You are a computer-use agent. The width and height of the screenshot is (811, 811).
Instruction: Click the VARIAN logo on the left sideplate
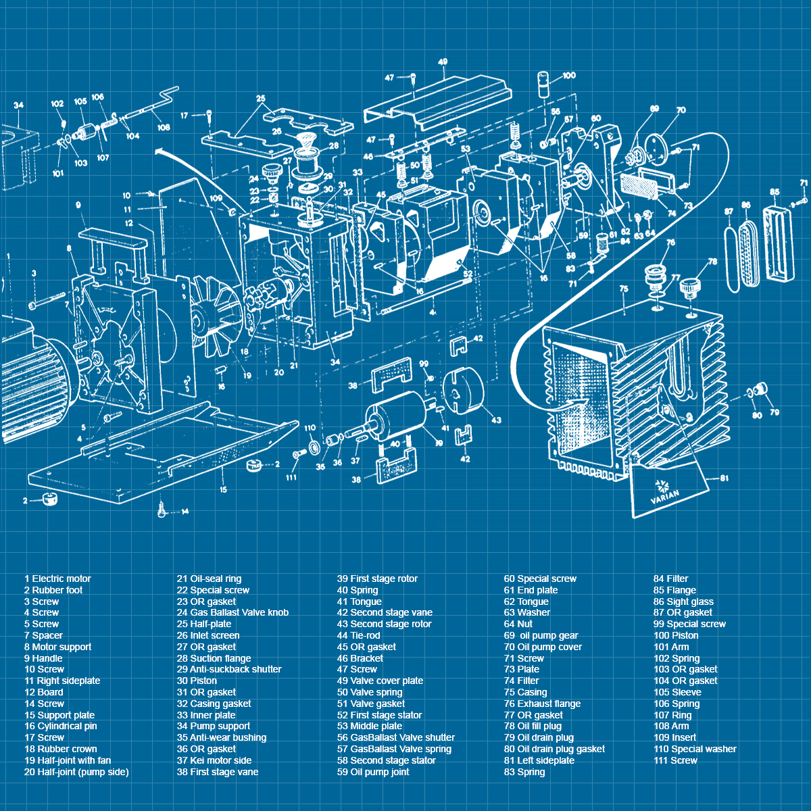664,491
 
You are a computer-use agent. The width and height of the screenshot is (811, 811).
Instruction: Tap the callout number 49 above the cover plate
443,62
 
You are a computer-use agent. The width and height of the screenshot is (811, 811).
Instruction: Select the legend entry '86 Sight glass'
683,601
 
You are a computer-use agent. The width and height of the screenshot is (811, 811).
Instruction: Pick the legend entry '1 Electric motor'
57,579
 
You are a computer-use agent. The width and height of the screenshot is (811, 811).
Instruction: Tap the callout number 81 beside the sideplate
724,478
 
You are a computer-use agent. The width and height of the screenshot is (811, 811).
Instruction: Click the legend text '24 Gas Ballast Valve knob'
232,612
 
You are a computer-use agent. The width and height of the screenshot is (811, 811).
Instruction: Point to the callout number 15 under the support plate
222,489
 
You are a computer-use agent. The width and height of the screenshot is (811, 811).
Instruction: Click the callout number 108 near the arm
164,127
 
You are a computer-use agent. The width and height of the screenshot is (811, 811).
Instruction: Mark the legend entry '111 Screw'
675,760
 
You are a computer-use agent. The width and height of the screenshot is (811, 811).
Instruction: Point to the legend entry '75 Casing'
526,692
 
